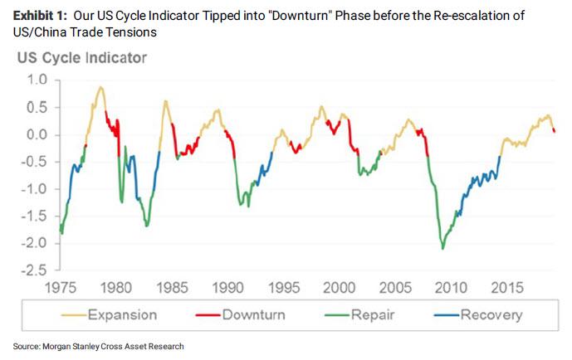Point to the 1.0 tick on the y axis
click(x=36, y=80)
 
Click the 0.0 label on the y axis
click(x=36, y=135)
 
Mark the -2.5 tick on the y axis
click(x=33, y=270)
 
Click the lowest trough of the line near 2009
click(x=442, y=248)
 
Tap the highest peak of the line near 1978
click(x=100, y=87)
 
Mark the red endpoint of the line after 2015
click(x=555, y=131)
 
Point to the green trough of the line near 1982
click(x=147, y=225)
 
